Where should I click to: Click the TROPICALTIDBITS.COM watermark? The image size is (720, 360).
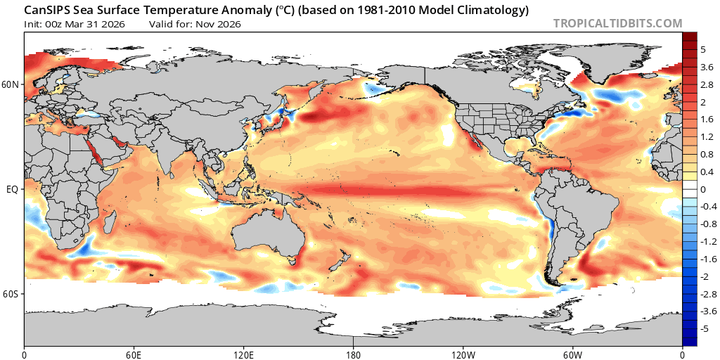(x=617, y=23)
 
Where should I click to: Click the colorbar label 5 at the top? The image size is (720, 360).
(x=702, y=49)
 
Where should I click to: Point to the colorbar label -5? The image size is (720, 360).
(x=705, y=328)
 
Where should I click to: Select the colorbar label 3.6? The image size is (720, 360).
(x=707, y=67)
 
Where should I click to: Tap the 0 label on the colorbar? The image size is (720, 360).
(x=702, y=189)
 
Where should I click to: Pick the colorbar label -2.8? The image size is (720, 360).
(x=708, y=293)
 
